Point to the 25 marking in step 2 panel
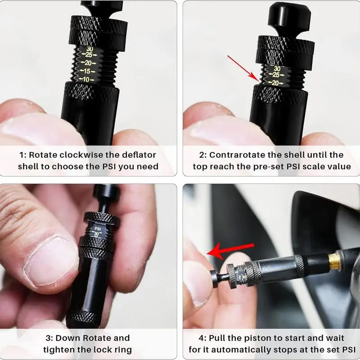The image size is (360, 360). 275,75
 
